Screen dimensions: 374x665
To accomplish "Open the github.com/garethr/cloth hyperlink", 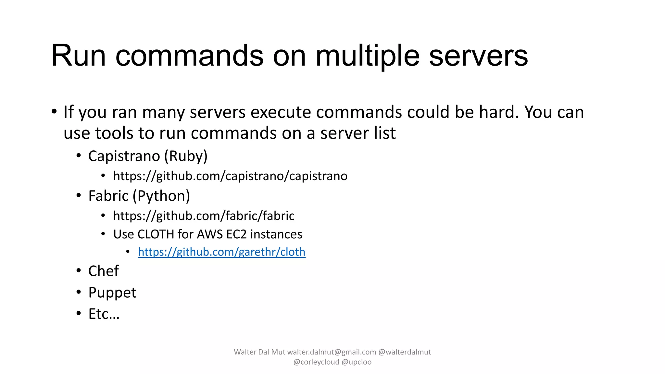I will pyautogui.click(x=221, y=252).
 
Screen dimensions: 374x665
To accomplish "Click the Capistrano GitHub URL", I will pyautogui.click(x=230, y=176).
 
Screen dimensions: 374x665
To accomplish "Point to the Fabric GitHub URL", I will pyautogui.click(x=204, y=216).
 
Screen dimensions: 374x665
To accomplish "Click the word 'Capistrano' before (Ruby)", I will pyautogui.click(x=124, y=156).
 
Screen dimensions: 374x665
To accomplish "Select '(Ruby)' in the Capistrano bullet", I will pyautogui.click(x=186, y=156).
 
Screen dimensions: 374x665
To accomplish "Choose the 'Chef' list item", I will pyautogui.click(x=104, y=271).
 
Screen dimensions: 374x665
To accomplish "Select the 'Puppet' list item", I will pyautogui.click(x=112, y=293).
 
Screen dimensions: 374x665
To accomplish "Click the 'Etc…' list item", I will pyautogui.click(x=104, y=314).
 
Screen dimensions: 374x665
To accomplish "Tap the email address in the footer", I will pyautogui.click(x=332, y=352).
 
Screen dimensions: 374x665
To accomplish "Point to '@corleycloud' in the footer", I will pyautogui.click(x=316, y=362).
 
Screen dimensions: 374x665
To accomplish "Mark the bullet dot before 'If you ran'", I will pyautogui.click(x=54, y=111).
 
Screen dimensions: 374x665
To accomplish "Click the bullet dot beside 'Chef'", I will pyautogui.click(x=79, y=271).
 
